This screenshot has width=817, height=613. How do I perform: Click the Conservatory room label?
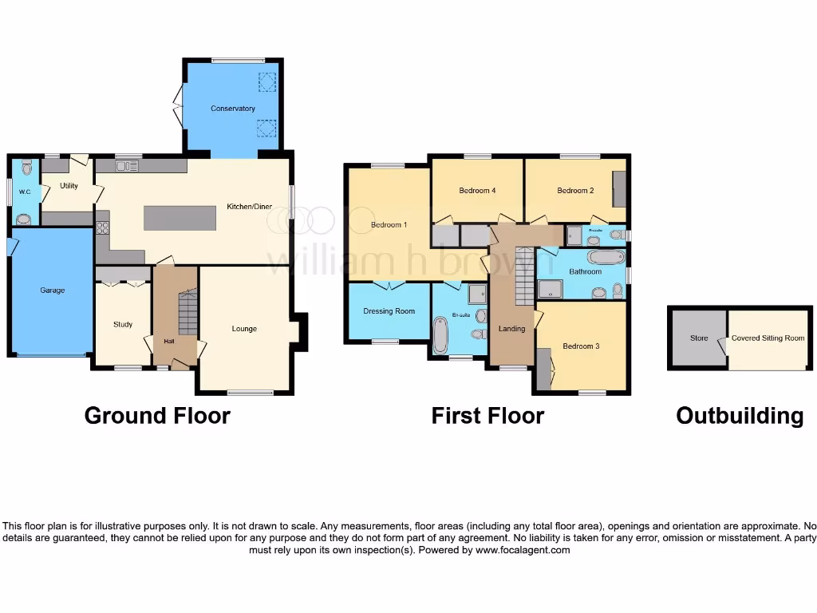(x=232, y=109)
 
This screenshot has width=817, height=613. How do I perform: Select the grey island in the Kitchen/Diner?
(x=180, y=218)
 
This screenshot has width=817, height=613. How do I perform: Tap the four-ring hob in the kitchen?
(x=102, y=227)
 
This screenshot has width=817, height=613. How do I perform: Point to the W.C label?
(x=24, y=192)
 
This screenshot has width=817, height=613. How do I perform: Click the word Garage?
(x=52, y=291)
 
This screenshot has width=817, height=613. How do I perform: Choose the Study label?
(x=123, y=324)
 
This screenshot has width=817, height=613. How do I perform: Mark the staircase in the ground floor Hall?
(x=187, y=312)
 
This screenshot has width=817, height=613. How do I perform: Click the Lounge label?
(x=244, y=329)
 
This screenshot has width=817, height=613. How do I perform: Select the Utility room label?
(x=69, y=185)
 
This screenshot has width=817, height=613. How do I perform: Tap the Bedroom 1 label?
(x=389, y=225)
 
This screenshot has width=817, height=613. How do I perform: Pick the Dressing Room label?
(x=389, y=311)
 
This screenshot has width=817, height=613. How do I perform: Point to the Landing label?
(x=511, y=329)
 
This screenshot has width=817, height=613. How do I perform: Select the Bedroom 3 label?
(x=578, y=346)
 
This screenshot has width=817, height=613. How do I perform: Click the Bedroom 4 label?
(x=477, y=191)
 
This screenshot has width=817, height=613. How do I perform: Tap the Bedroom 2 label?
(x=575, y=191)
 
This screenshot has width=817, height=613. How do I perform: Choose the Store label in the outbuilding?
(x=699, y=338)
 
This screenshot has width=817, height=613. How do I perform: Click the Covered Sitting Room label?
(x=768, y=338)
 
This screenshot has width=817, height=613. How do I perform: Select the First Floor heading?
(x=487, y=416)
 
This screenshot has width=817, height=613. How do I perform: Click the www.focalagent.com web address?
(x=523, y=550)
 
